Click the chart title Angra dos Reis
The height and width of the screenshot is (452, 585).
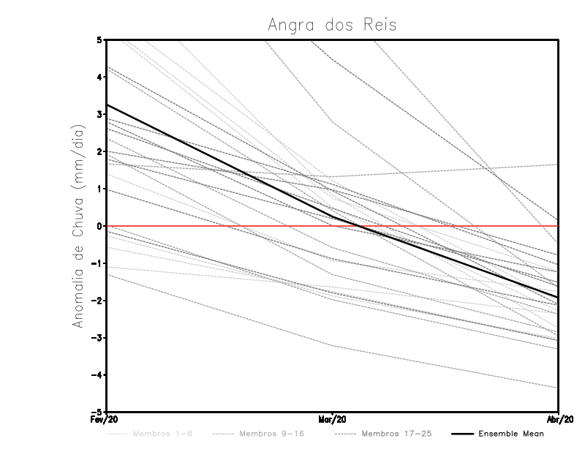click(333, 25)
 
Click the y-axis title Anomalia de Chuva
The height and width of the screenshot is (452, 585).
click(78, 226)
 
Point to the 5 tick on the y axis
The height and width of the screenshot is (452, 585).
click(99, 39)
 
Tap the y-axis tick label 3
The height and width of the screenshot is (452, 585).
click(99, 114)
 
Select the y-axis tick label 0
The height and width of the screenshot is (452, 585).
click(99, 226)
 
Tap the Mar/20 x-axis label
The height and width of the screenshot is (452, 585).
click(333, 419)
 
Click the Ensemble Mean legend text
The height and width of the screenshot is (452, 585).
click(510, 434)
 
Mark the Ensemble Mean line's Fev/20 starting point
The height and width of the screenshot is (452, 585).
click(107, 105)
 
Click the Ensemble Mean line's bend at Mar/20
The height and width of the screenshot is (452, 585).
click(333, 216)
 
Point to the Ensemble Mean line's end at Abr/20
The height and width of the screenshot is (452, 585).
click(558, 297)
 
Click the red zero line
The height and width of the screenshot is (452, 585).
click(219, 226)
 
